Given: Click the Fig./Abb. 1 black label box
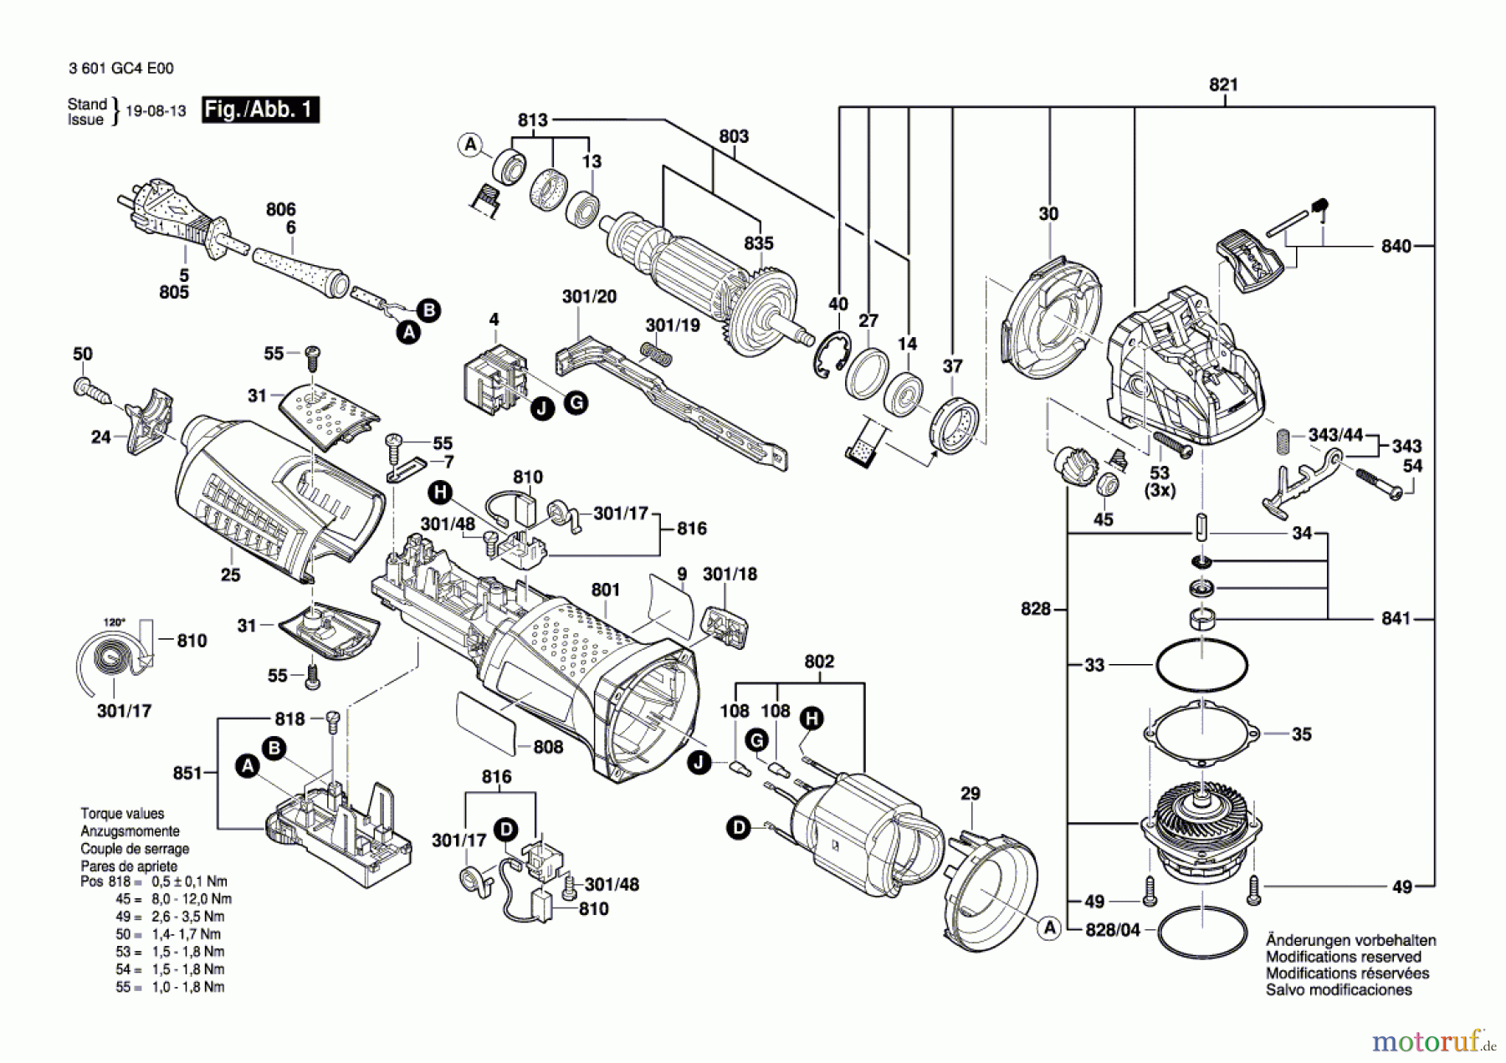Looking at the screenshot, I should click(x=260, y=110).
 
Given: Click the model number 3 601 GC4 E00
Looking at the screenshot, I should click(x=121, y=69).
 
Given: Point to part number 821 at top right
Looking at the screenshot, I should click(x=1223, y=84).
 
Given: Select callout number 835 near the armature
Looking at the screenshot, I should click(x=759, y=243).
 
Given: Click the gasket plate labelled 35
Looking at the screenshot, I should click(x=1201, y=734).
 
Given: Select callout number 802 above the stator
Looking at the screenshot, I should click(x=819, y=662).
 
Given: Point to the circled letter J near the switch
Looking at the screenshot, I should click(x=543, y=409).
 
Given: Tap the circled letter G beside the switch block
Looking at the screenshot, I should click(x=576, y=402).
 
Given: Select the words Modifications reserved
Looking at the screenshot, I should click(x=1343, y=957).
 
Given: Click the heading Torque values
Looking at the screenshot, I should click(x=122, y=814).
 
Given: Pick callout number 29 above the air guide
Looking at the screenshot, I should click(x=970, y=793).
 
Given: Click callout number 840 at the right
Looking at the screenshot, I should click(x=1396, y=246).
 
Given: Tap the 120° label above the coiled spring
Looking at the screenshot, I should click(x=114, y=622).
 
